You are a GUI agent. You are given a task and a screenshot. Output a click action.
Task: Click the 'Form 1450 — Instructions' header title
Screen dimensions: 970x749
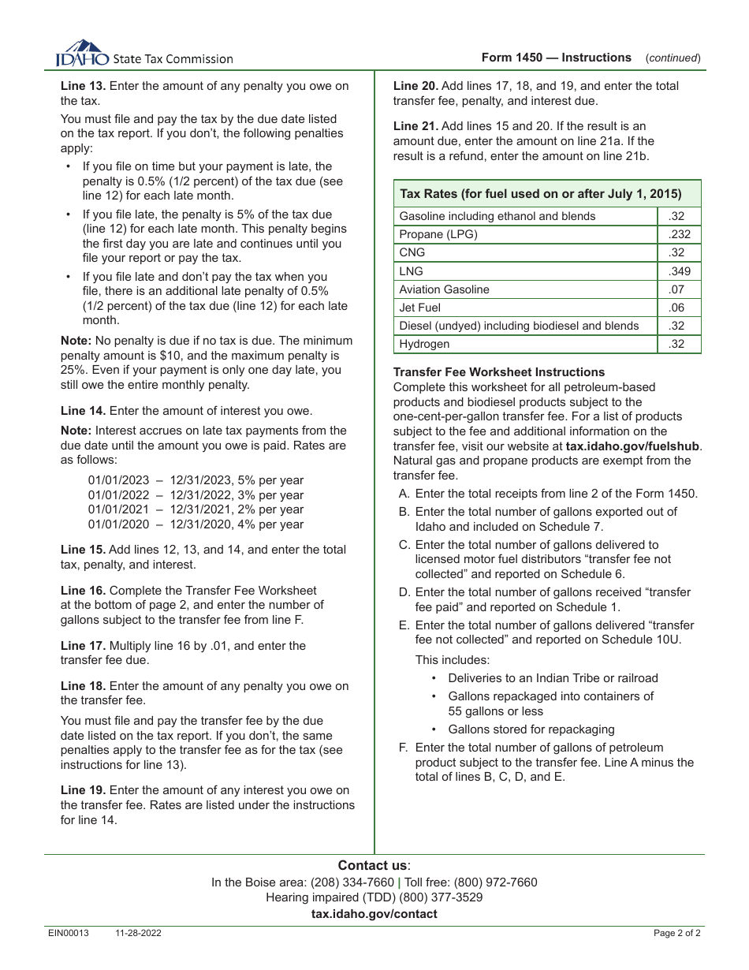557,58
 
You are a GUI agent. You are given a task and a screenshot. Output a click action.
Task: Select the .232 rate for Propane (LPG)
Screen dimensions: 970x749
678,234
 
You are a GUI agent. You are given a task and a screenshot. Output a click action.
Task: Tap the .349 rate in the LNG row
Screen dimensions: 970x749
678,271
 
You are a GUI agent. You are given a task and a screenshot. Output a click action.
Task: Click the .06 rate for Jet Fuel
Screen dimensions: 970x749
676,308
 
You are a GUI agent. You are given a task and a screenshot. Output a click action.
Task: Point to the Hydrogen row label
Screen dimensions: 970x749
424,344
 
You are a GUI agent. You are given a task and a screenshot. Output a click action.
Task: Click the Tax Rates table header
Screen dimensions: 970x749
540,193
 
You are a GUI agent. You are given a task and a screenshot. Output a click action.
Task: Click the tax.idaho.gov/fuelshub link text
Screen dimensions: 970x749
632,446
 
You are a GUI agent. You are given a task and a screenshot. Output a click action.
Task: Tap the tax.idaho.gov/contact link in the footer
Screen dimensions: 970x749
374,914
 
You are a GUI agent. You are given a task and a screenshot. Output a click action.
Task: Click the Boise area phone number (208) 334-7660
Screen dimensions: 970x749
352,882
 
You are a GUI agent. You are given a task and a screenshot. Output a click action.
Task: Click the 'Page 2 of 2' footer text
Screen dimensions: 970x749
676,933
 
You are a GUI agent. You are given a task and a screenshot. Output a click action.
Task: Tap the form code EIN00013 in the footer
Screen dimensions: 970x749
69,933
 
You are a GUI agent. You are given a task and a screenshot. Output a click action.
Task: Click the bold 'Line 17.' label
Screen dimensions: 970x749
84,646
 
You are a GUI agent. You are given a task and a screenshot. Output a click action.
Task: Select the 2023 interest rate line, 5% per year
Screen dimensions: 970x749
196,480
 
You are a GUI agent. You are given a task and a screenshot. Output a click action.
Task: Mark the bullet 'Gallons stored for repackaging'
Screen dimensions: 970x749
531,729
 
